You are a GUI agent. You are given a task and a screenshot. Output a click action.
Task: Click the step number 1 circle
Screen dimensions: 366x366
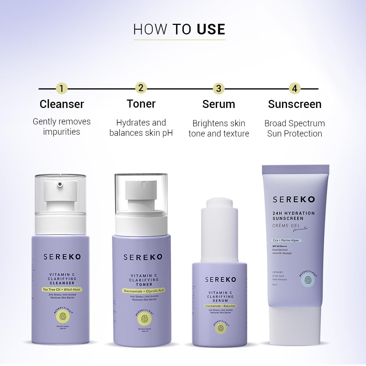tap(61, 88)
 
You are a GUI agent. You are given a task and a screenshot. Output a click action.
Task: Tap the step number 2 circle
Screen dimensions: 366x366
tap(141, 88)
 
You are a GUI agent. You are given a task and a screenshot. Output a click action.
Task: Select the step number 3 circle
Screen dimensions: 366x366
tap(219, 88)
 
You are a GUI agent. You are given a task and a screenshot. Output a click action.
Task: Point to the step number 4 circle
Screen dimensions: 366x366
tap(294, 88)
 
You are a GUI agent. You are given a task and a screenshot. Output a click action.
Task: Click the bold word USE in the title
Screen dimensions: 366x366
tap(211, 29)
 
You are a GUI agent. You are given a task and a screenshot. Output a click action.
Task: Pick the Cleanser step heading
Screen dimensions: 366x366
tap(62, 104)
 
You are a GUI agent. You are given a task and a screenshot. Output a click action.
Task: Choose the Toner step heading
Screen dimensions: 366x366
tap(141, 104)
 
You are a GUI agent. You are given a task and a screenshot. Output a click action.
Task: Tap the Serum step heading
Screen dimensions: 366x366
tap(219, 104)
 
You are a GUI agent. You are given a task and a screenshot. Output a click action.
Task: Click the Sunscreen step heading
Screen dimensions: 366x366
tap(295, 104)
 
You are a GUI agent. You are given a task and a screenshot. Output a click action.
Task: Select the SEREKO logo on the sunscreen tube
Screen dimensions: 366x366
tap(294, 199)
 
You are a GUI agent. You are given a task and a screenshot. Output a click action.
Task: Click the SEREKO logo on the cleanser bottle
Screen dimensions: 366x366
tap(62, 257)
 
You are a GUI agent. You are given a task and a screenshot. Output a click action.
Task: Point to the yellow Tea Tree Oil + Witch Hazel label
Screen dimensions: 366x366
tap(62, 290)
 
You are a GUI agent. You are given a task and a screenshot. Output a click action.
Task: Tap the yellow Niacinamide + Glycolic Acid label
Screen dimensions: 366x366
tap(143, 291)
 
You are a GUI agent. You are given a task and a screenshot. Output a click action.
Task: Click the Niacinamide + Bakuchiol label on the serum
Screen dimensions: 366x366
tap(220, 305)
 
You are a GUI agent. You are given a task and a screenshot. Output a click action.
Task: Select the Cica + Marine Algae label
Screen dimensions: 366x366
tap(286, 240)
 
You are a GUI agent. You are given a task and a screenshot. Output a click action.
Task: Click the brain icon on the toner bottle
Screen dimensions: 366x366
tap(144, 318)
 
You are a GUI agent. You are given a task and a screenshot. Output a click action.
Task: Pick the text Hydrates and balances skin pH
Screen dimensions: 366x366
tap(141, 128)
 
